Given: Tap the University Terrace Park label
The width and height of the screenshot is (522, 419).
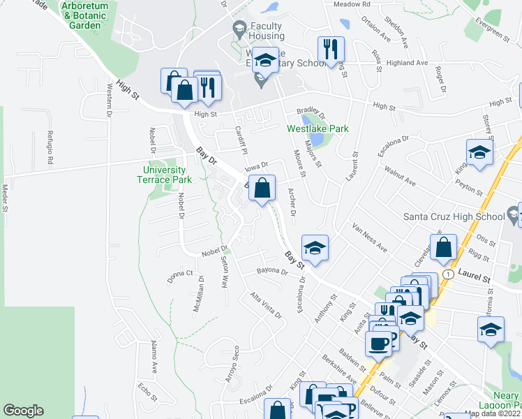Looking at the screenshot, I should (164, 174).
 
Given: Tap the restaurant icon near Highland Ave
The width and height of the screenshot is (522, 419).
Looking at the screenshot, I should (331, 49).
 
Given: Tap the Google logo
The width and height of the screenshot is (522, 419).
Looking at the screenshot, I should (23, 411).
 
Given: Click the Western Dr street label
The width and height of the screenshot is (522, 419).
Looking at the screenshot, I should (110, 99).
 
